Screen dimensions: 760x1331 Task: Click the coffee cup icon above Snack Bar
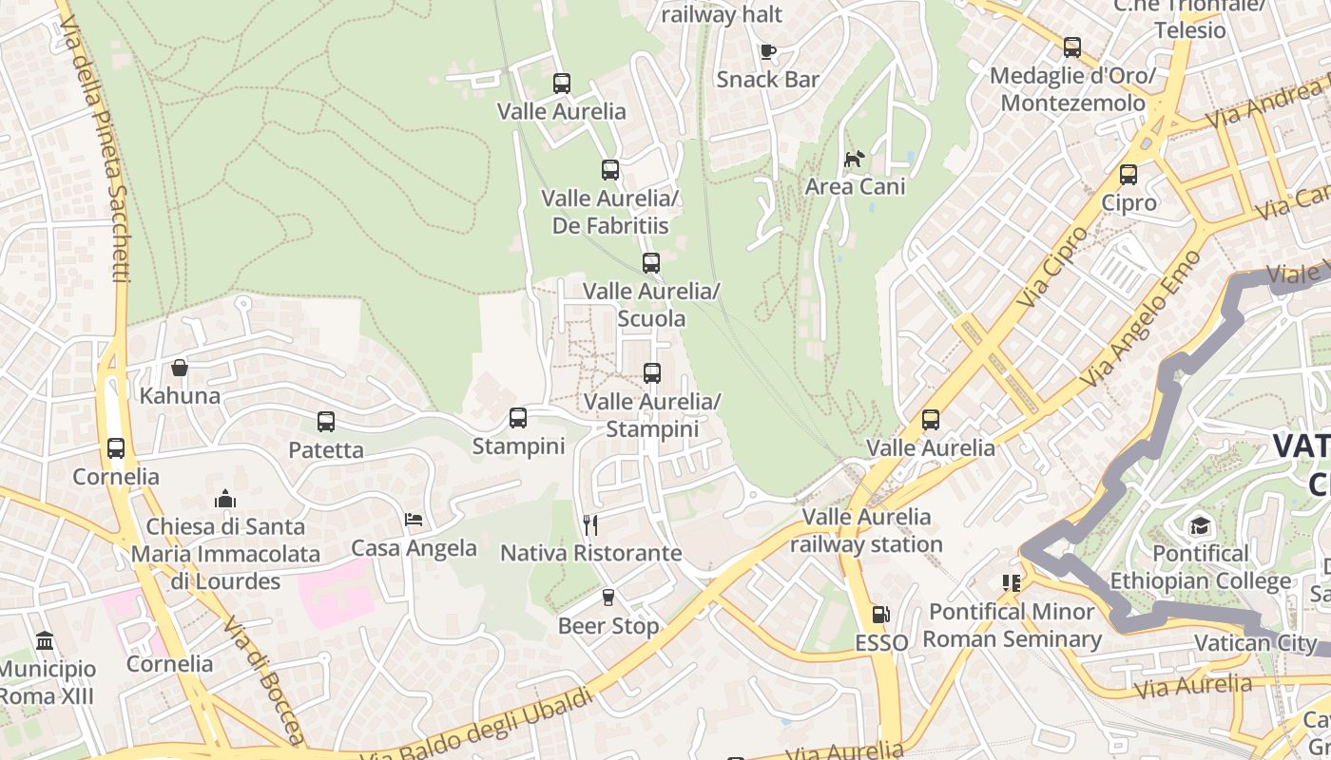pyautogui.click(x=767, y=51)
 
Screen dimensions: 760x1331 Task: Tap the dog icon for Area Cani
pyautogui.click(x=855, y=159)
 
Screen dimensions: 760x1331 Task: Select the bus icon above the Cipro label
pyautogui.click(x=1128, y=175)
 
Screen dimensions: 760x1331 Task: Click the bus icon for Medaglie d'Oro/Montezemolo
pyautogui.click(x=1072, y=47)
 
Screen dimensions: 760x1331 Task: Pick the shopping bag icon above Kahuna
pyautogui.click(x=180, y=368)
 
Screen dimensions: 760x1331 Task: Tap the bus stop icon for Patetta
pyautogui.click(x=326, y=421)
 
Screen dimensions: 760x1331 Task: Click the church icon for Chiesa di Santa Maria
pyautogui.click(x=225, y=499)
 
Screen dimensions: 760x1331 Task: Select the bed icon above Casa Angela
pyautogui.click(x=414, y=520)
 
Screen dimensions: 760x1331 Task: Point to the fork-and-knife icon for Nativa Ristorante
pyautogui.click(x=590, y=524)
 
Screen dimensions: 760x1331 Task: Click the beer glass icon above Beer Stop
pyautogui.click(x=608, y=598)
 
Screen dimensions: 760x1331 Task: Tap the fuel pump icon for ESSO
pyautogui.click(x=881, y=615)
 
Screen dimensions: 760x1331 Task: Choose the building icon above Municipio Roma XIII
pyautogui.click(x=45, y=641)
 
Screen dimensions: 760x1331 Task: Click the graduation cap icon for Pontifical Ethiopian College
pyautogui.click(x=1200, y=524)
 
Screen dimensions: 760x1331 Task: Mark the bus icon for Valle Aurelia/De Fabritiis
pyautogui.click(x=610, y=170)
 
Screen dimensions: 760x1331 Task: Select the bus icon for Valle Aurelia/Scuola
pyautogui.click(x=651, y=263)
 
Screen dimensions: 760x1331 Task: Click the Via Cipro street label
pyautogui.click(x=1051, y=267)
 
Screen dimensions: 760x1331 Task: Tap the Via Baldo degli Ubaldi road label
pyautogui.click(x=477, y=728)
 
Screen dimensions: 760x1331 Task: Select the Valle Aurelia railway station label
pyautogui.click(x=866, y=531)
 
